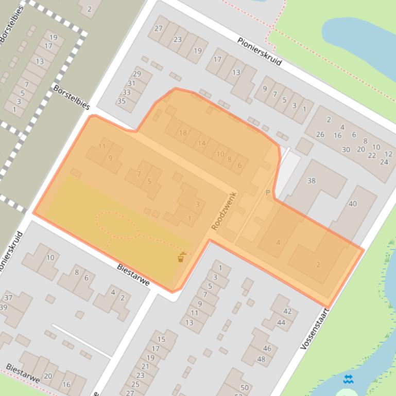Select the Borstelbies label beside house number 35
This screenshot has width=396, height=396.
pos(72,97)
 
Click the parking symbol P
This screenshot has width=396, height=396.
pos(267,193)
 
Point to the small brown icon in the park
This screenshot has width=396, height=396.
pos(181,257)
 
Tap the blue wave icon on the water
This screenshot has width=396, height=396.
pos(349,380)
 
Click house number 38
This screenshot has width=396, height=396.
pos(311,181)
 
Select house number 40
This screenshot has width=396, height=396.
pos(352,204)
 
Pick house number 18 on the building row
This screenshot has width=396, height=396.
pos(183,133)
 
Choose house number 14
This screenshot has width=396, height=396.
pos(201,143)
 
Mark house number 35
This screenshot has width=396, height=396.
pos(122,101)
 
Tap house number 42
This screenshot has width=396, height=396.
pos(287,311)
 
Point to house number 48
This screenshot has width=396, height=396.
pos(261,359)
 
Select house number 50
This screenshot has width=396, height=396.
pos(244,388)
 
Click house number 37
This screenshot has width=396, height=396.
pos(8,298)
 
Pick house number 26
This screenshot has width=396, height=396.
pos(320,135)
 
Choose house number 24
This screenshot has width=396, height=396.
pos(384,162)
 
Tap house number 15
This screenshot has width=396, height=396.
pos(161,339)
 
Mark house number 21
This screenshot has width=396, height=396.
pos(145,366)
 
